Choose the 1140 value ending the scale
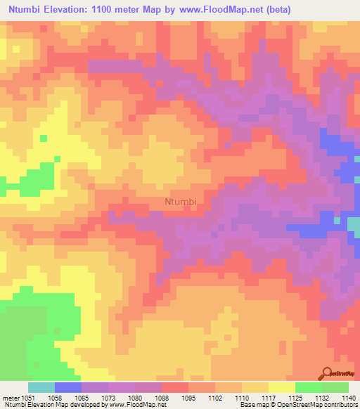[347, 397]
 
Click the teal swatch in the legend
[41, 387]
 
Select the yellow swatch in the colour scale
[282, 387]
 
